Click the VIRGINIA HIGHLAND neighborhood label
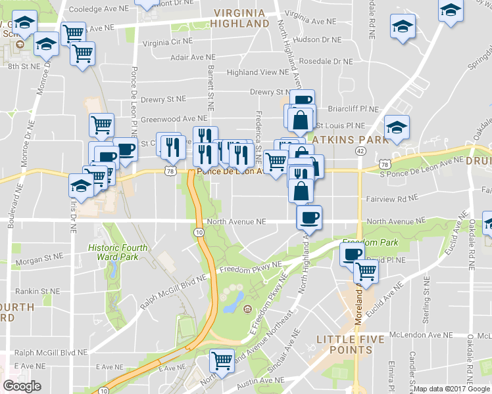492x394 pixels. pos(239,18)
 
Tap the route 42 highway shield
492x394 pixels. pos(360,150)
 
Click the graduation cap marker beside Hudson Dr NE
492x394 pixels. pos(403,27)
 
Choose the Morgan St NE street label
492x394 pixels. pos(38,261)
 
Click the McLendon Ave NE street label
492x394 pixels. pos(421,334)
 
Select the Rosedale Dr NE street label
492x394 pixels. pos(326,60)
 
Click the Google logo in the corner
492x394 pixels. pos(22,386)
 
